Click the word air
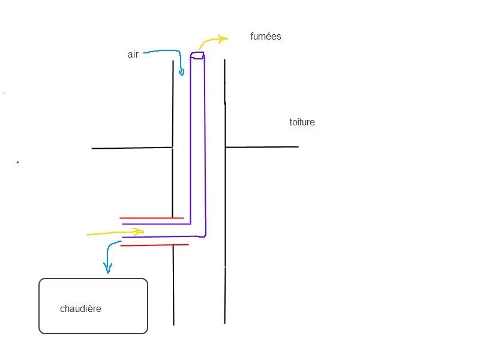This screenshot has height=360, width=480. click(x=133, y=55)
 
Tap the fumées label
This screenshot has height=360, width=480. click(x=266, y=37)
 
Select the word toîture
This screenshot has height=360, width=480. click(x=302, y=122)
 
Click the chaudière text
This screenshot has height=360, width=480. click(x=80, y=309)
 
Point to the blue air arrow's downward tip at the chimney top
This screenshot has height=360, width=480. click(x=181, y=74)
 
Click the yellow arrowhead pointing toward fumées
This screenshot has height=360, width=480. click(x=224, y=39)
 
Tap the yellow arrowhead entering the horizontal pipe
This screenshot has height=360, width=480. click(x=140, y=230)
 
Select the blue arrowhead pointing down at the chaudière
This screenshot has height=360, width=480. click(x=108, y=271)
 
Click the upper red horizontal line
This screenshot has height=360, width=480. click(x=151, y=218)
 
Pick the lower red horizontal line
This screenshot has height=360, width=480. click(x=154, y=245)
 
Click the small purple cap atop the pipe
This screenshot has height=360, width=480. click(x=197, y=55)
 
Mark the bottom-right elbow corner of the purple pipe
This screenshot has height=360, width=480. click(x=205, y=236)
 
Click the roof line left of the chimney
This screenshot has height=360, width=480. click(x=132, y=148)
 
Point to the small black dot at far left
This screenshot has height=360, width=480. click(x=17, y=162)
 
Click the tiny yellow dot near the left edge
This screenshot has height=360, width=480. click(x=4, y=93)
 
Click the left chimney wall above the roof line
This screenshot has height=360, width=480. click(x=173, y=102)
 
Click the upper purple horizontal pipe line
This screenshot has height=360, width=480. click(x=156, y=224)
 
